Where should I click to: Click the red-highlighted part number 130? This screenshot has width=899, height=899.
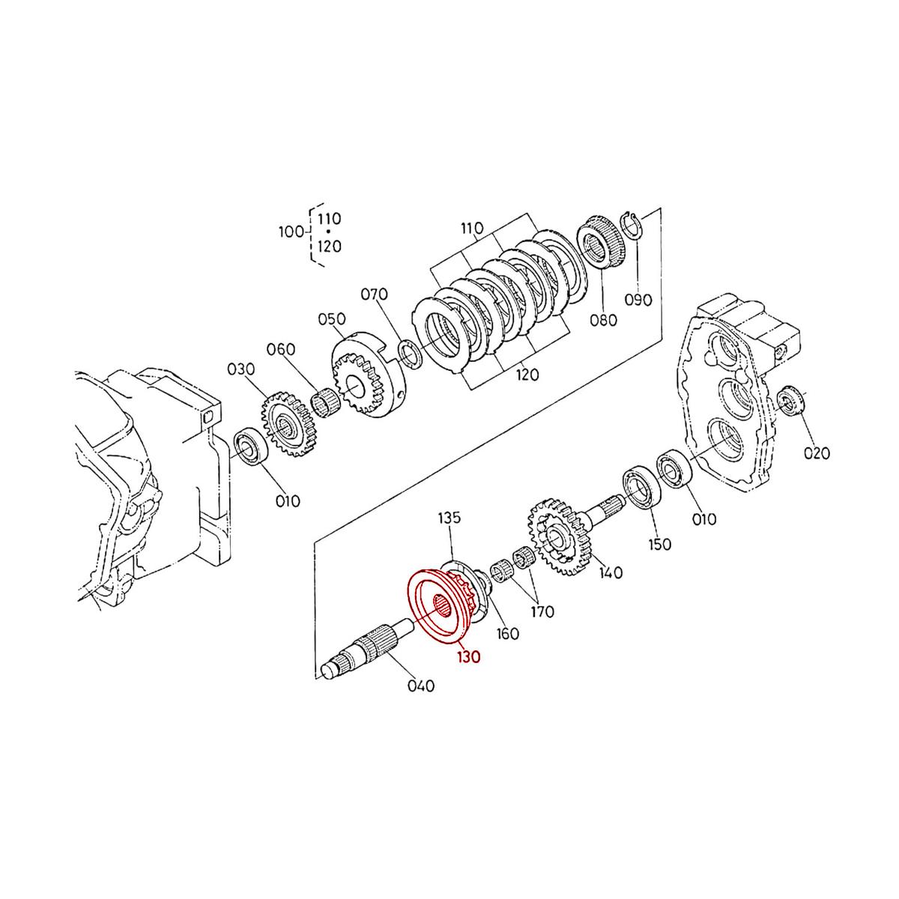pyautogui.click(x=470, y=656)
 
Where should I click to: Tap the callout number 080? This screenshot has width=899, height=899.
pyautogui.click(x=603, y=320)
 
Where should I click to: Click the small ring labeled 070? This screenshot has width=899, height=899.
pyautogui.click(x=409, y=353)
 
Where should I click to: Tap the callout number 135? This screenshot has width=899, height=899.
pyautogui.click(x=449, y=518)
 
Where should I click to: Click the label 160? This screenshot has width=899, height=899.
pyautogui.click(x=508, y=634)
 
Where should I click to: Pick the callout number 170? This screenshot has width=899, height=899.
pyautogui.click(x=542, y=611)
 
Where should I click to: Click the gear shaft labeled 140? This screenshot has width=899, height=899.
pyautogui.click(x=560, y=538)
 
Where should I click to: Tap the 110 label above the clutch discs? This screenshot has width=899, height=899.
pyautogui.click(x=472, y=228)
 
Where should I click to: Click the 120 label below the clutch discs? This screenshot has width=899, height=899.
pyautogui.click(x=527, y=375)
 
